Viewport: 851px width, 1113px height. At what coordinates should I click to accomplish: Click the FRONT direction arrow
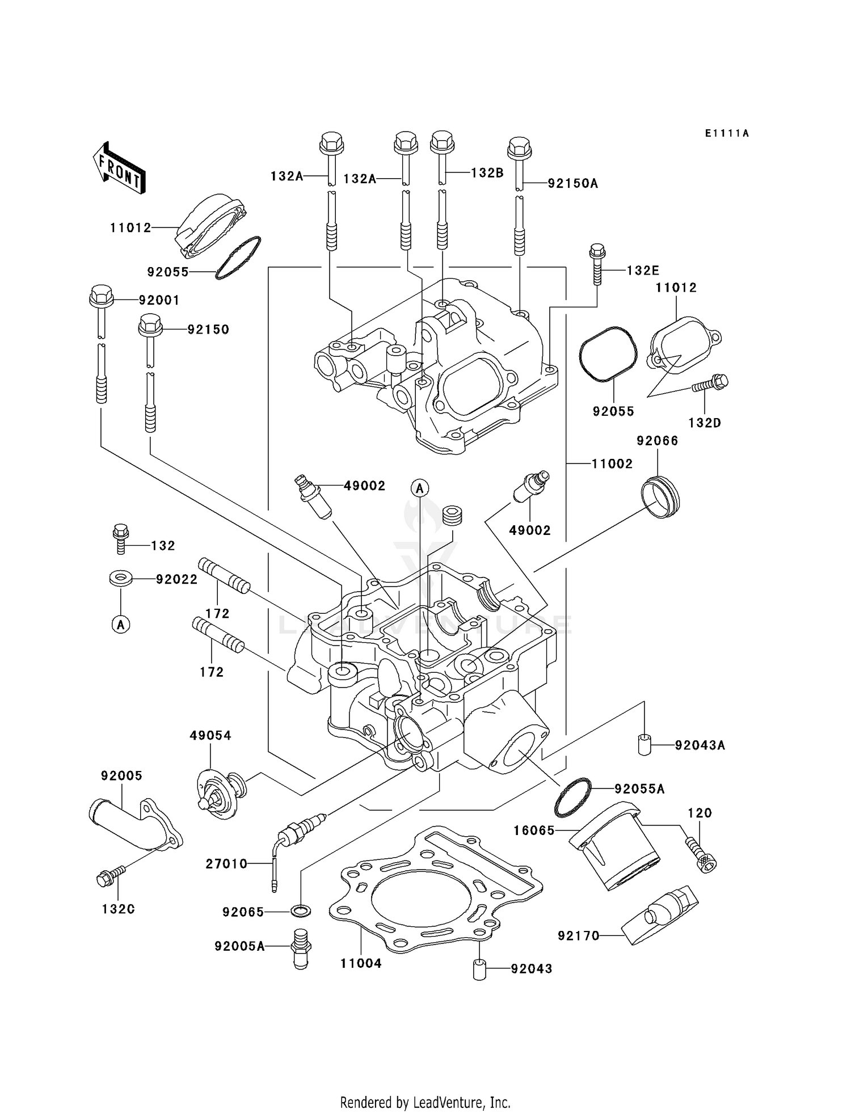click(x=119, y=168)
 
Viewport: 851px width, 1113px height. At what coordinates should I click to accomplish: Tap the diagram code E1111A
click(x=727, y=133)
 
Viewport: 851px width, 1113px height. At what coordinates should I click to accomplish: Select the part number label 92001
click(x=159, y=300)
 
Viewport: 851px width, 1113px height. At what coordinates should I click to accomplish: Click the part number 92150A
click(x=572, y=183)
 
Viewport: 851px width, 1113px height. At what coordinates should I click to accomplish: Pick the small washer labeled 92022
click(x=120, y=579)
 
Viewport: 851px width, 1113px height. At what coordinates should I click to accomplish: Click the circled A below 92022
click(x=120, y=625)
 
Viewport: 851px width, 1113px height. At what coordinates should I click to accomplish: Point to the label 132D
click(x=705, y=423)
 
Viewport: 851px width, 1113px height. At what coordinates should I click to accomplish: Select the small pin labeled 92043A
click(x=643, y=744)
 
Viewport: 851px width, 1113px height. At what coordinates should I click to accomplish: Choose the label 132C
click(x=118, y=909)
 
